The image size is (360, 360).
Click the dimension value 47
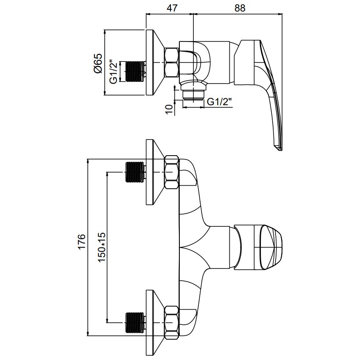(x=172, y=8)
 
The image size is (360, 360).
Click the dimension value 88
(x=240, y=8)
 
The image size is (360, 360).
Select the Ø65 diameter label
(x=98, y=63)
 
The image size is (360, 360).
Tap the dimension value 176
(x=82, y=241)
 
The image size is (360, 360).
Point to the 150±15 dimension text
(x=101, y=247)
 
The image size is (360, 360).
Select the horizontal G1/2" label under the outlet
(x=219, y=101)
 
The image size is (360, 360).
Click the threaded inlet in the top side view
(x=135, y=71)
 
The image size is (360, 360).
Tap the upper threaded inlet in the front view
(x=135, y=172)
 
